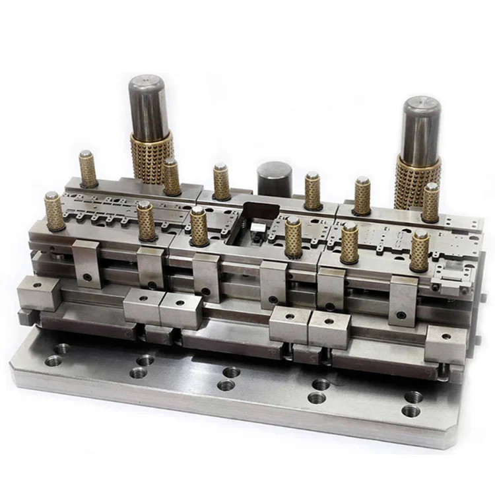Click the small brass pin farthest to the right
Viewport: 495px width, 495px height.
point(431,203)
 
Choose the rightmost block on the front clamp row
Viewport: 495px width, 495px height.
point(445,344)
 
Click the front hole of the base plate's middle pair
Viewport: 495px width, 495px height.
point(226,385)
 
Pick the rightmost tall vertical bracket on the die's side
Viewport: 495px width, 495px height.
point(403,300)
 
